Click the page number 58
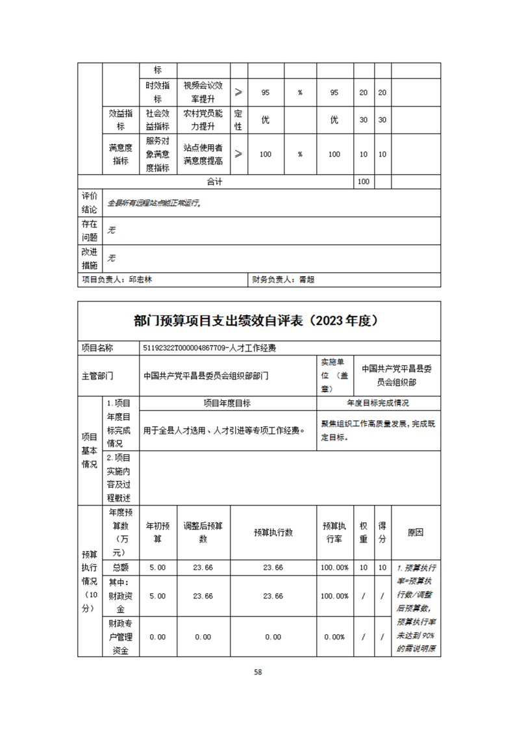(258, 671)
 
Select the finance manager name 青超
(307, 279)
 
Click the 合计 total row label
(215, 182)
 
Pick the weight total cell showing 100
(363, 182)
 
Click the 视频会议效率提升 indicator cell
(203, 93)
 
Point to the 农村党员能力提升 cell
(203, 120)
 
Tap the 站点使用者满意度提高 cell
(203, 154)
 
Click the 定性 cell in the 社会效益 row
(238, 120)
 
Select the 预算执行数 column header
(273, 532)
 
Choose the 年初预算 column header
(158, 532)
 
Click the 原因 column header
(416, 532)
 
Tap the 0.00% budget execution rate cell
(334, 637)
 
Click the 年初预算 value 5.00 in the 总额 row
(158, 567)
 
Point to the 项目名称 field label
(97, 348)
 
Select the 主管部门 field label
(97, 375)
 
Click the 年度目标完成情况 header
(378, 403)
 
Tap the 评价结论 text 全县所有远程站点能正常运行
(155, 203)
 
